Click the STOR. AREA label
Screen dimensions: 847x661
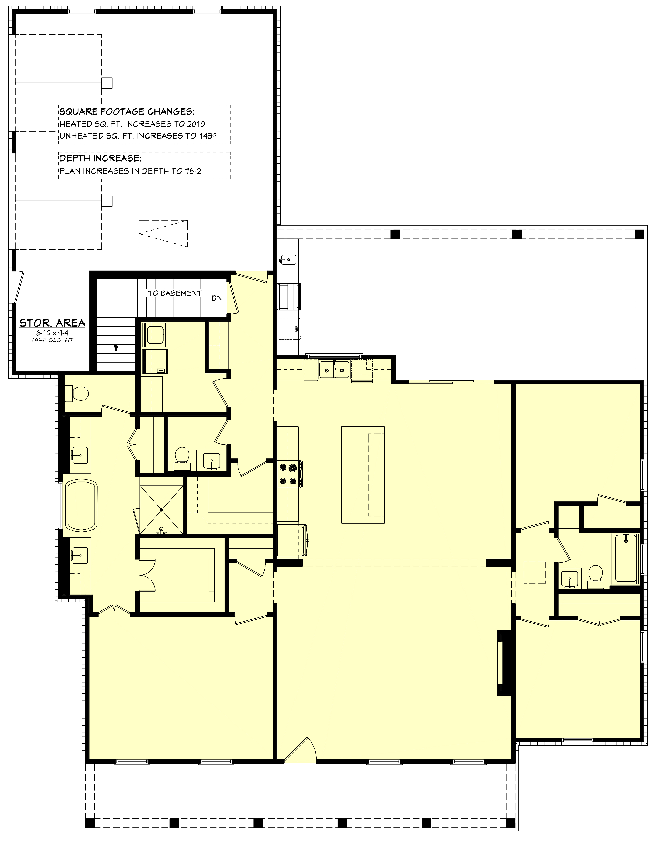pos(52,323)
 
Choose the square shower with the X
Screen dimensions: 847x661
pos(161,509)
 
